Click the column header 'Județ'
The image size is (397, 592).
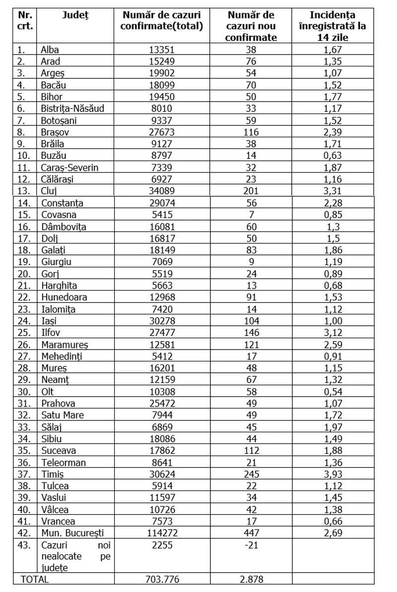tap(75, 15)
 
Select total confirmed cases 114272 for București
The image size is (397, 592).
tap(162, 533)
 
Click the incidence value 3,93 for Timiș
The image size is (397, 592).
tap(333, 474)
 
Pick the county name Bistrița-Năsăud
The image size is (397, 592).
tap(72, 109)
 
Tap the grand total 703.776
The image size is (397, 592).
tap(162, 579)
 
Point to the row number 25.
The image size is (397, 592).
tap(21, 333)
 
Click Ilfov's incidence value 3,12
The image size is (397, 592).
tap(333, 333)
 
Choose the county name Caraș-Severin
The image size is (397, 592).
tap(69, 168)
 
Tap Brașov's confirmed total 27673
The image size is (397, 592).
tap(162, 132)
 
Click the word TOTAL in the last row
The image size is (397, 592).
tap(34, 579)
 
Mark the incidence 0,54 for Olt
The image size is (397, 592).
tap(333, 392)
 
